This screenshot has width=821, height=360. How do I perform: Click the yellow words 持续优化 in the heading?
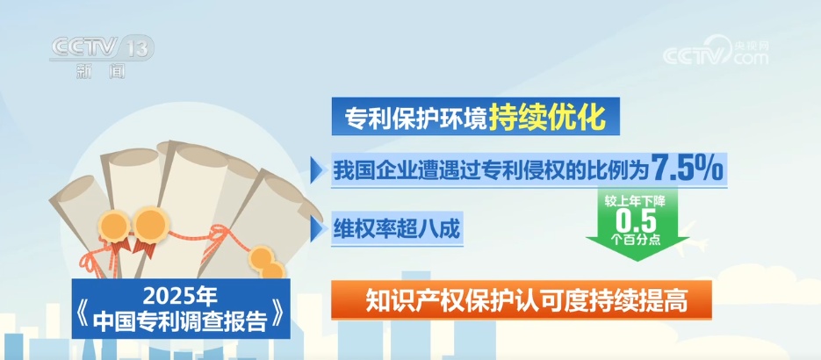pyautogui.click(x=546, y=116)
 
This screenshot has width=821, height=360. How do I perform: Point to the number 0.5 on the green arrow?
pyautogui.click(x=636, y=218)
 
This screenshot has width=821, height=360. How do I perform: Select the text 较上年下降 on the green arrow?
pyautogui.click(x=635, y=201)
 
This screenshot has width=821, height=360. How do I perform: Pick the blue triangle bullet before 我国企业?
pyautogui.click(x=318, y=169)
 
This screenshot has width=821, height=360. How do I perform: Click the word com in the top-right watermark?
pyautogui.click(x=749, y=58)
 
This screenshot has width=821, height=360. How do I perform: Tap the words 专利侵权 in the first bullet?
pyautogui.click(x=537, y=169)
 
